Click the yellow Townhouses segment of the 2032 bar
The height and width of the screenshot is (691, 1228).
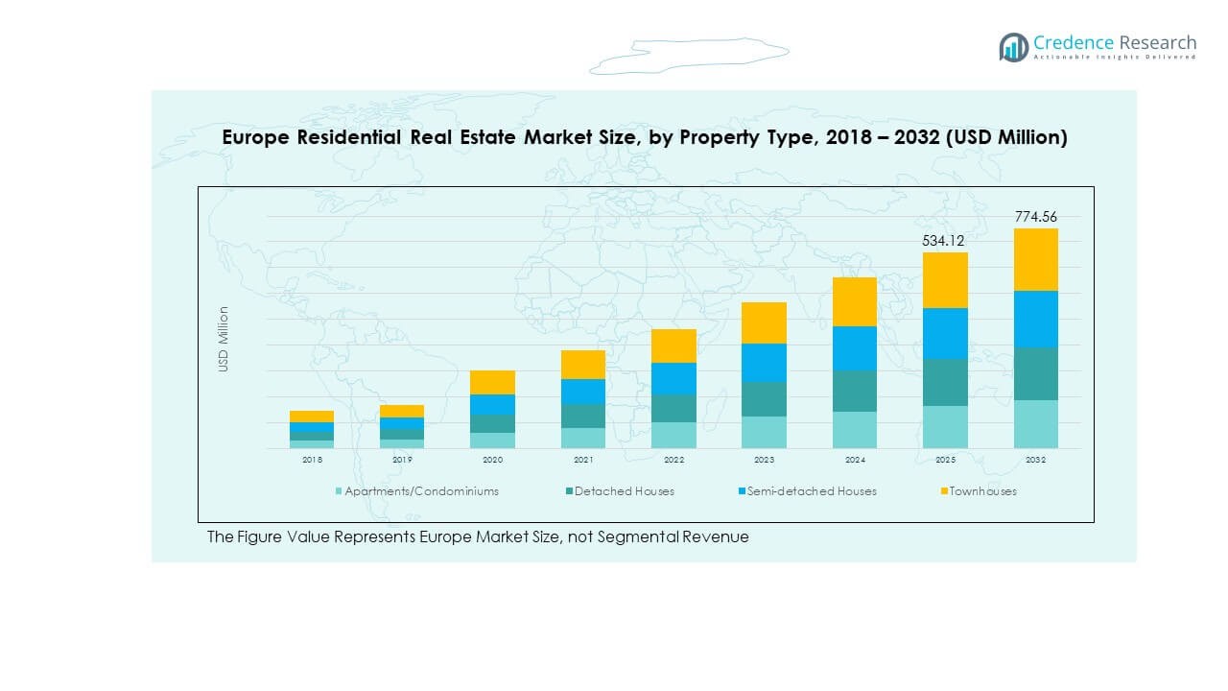pyautogui.click(x=1035, y=259)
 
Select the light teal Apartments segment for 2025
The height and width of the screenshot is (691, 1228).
pyautogui.click(x=945, y=426)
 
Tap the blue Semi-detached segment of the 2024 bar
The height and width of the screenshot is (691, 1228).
pyautogui.click(x=854, y=348)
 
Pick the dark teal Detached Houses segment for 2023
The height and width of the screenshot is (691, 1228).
pyautogui.click(x=764, y=399)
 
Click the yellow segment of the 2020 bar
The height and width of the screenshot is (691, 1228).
pyautogui.click(x=492, y=382)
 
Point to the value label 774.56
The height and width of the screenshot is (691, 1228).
pyautogui.click(x=1035, y=217)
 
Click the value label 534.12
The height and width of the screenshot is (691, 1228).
pyautogui.click(x=944, y=241)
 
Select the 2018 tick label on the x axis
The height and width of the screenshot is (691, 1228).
pyautogui.click(x=312, y=461)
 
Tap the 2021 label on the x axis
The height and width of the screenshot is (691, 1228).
pyautogui.click(x=583, y=461)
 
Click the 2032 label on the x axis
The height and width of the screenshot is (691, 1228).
pyautogui.click(x=1035, y=461)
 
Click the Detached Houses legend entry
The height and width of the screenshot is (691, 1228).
pyautogui.click(x=624, y=491)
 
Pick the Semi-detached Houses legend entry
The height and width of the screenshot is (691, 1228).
pyautogui.click(x=812, y=491)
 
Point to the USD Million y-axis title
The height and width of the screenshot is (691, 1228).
pyautogui.click(x=224, y=339)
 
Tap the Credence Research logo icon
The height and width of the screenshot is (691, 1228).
pyautogui.click(x=1013, y=47)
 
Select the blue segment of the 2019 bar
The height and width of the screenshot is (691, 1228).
pyautogui.click(x=402, y=423)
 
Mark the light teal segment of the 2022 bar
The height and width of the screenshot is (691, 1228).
pyautogui.click(x=673, y=435)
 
